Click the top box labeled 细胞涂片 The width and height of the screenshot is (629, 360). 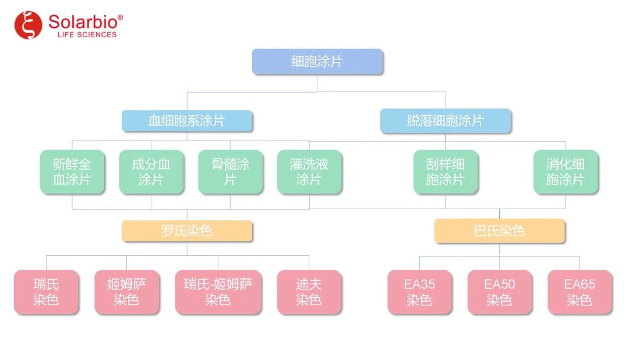pos(317,62)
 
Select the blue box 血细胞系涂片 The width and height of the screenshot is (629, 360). pos(187,121)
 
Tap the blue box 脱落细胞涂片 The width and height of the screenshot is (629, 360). pos(446,121)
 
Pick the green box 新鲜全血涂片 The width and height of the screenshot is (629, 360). pos(72,172)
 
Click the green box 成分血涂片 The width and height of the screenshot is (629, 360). pos(151,172)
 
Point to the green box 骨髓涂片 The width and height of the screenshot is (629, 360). pos(230,172)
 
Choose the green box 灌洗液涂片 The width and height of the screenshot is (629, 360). pos(309,172)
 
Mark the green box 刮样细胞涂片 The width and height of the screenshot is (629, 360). pos(446,172)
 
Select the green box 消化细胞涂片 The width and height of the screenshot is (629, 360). pos(566,172)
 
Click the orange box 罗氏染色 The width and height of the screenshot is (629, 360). pos(187,231)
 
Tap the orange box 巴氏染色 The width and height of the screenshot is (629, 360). pos(499,231)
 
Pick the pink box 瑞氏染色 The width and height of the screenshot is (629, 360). pos(47,292)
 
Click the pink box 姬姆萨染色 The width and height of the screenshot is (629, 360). pos(126,292)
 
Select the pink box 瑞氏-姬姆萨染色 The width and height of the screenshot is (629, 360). pos(218,292)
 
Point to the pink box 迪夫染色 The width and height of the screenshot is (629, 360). pos(309,292)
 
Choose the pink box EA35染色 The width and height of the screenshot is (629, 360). pos(419,292)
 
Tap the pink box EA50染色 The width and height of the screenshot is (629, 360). pos(499,292)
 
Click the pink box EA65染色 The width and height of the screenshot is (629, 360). pos(579,292)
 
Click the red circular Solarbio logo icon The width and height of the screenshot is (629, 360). pos(29,25)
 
